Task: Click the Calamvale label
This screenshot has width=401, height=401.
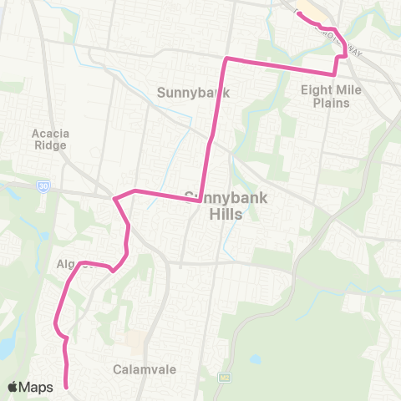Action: [136, 368]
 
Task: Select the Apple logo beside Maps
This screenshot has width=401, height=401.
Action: [14, 387]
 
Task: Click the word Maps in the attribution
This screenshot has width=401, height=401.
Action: [37, 387]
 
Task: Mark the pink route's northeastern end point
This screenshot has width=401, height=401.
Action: [298, 13]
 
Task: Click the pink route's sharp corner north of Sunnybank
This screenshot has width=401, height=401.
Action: [226, 58]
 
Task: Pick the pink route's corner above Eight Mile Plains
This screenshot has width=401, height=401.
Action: [336, 74]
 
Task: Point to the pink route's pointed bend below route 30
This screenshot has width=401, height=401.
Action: [114, 199]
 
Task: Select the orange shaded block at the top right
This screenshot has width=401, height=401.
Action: [317, 8]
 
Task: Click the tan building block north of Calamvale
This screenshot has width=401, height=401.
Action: [134, 342]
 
